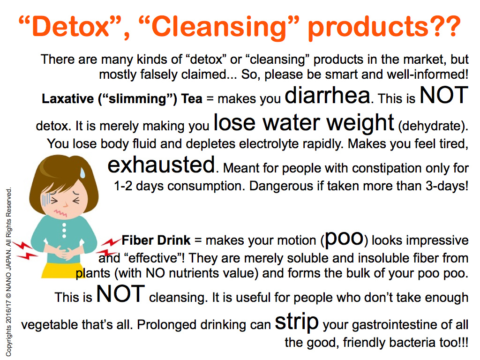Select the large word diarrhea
coord(327,95)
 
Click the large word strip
coord(297,322)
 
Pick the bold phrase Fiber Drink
coord(156,240)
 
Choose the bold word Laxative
coord(67,99)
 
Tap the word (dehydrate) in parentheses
coord(433,126)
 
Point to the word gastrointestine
coord(395,325)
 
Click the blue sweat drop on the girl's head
coord(82,172)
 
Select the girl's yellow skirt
coord(61,270)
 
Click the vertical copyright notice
coord(9,272)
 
